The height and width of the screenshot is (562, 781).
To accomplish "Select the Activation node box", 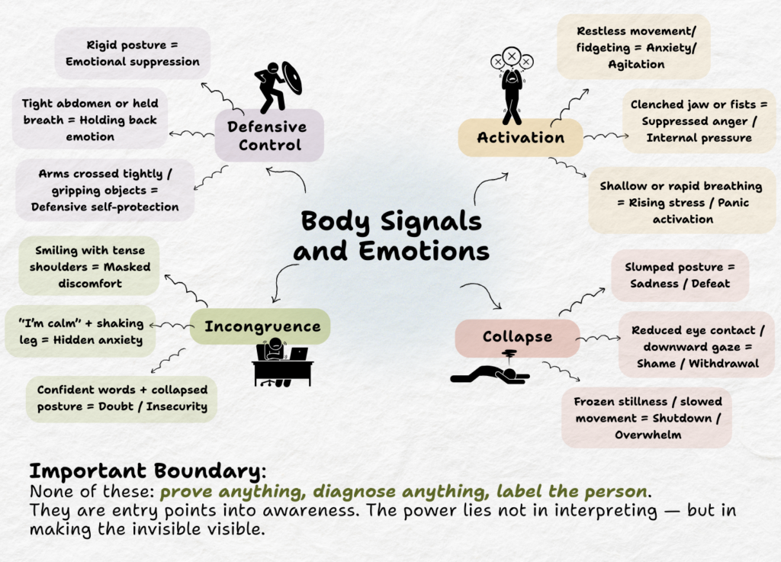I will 520,138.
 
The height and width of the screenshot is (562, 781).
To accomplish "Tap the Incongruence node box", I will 262,327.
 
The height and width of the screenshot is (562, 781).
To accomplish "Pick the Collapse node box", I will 517,337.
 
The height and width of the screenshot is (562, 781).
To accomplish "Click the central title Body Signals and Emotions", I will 391,236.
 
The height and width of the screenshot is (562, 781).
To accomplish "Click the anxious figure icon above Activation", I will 512,85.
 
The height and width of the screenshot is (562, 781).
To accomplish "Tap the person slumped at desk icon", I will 281,364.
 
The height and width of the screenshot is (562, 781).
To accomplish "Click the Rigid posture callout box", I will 132,53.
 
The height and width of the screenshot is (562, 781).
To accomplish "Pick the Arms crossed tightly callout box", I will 105,191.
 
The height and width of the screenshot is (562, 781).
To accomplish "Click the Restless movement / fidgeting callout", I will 633,47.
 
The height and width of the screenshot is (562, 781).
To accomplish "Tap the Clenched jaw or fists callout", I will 699,120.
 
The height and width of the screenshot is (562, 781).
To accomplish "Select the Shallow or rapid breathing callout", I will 681,202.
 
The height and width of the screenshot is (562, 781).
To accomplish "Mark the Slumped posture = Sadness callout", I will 679,275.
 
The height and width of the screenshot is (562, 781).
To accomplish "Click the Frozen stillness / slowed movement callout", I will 647,418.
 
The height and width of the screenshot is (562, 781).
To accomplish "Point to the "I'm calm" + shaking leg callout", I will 81,331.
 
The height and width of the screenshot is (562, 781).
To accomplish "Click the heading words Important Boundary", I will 146,470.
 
